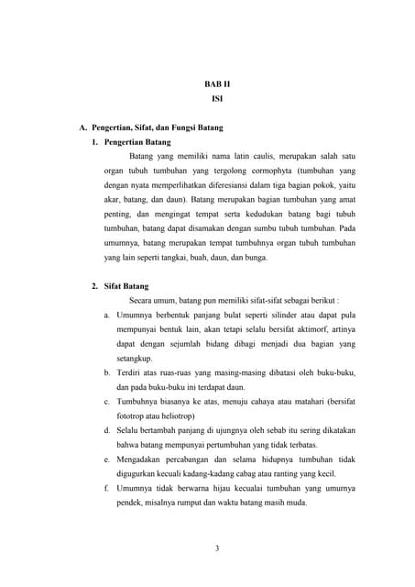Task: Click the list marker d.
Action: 107,429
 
